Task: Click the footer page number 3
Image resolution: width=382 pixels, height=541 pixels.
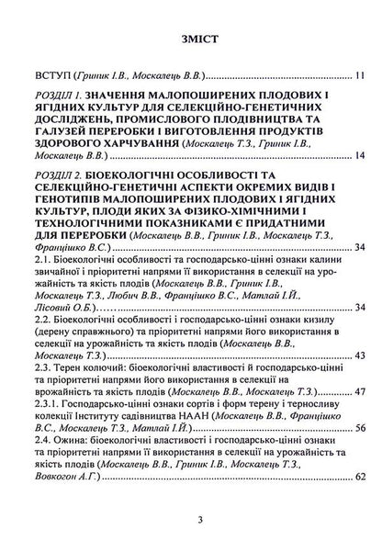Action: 191,519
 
